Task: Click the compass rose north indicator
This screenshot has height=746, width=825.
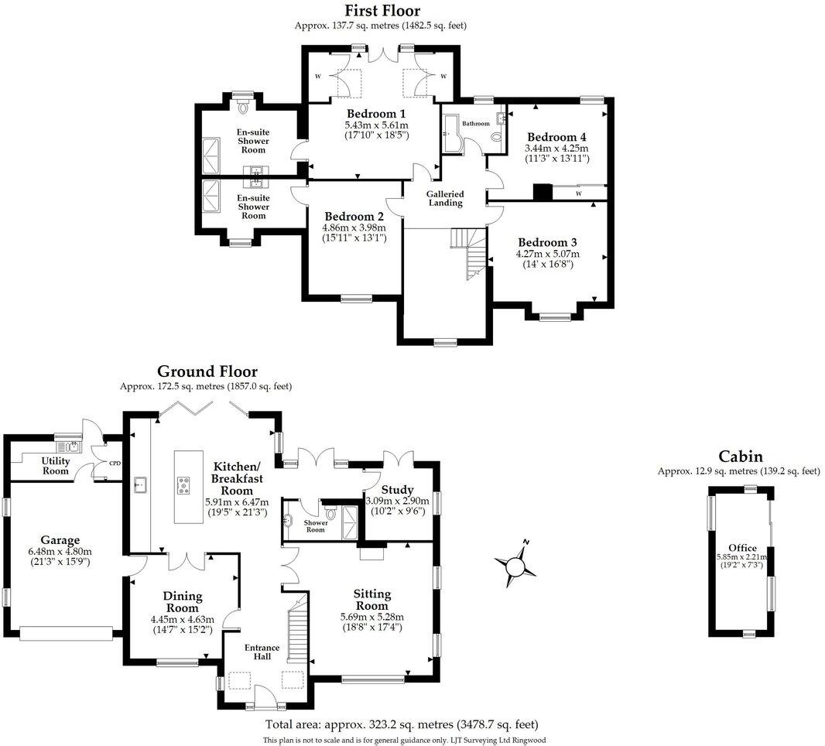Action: [x=525, y=542]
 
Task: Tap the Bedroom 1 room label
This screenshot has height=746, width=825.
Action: [x=376, y=113]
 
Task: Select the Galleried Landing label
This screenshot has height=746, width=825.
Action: [x=445, y=199]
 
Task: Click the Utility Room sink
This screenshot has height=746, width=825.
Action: [x=71, y=447]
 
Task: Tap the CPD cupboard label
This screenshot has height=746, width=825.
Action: [x=115, y=464]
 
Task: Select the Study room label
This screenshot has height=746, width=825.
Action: [x=397, y=490]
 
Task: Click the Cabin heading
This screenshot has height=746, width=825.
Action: [x=740, y=457]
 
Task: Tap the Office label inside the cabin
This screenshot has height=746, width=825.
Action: [x=742, y=548]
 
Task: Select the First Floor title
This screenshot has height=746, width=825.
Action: [x=382, y=11]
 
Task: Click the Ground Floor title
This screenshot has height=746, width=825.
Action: [x=207, y=371]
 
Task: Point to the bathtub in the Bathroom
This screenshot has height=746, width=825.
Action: [x=450, y=133]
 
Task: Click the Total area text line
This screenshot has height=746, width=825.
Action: [x=402, y=725]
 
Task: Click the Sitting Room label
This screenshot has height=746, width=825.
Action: [x=371, y=600]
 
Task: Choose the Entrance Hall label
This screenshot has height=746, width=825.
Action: [x=258, y=652]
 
